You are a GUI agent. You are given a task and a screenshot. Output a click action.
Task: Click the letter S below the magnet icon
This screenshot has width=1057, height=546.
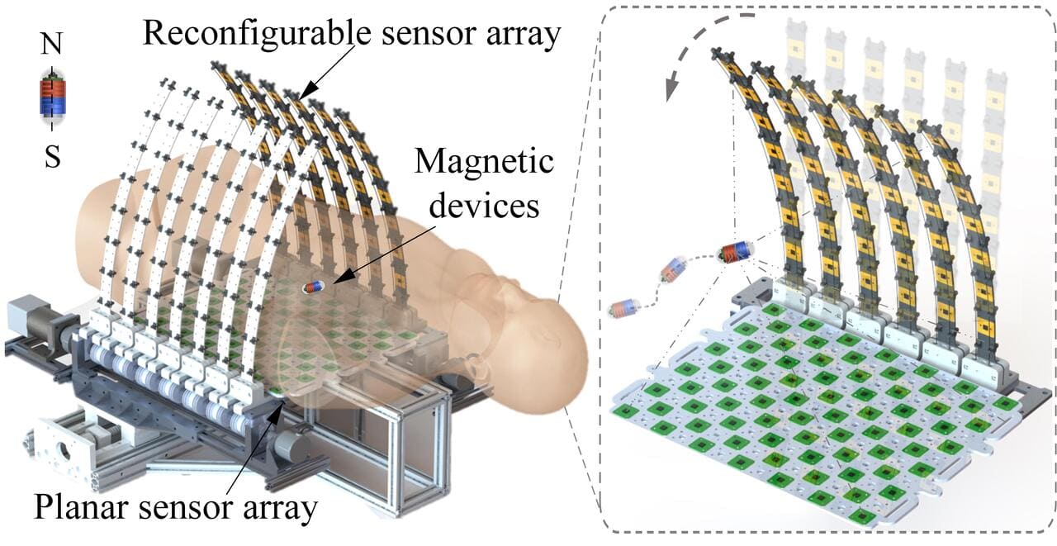pos(52,157)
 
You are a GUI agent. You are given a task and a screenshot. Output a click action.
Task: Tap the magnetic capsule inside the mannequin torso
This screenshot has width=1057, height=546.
pos(314,287)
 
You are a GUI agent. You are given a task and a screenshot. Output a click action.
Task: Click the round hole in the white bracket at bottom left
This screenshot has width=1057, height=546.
pos(61,453)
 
